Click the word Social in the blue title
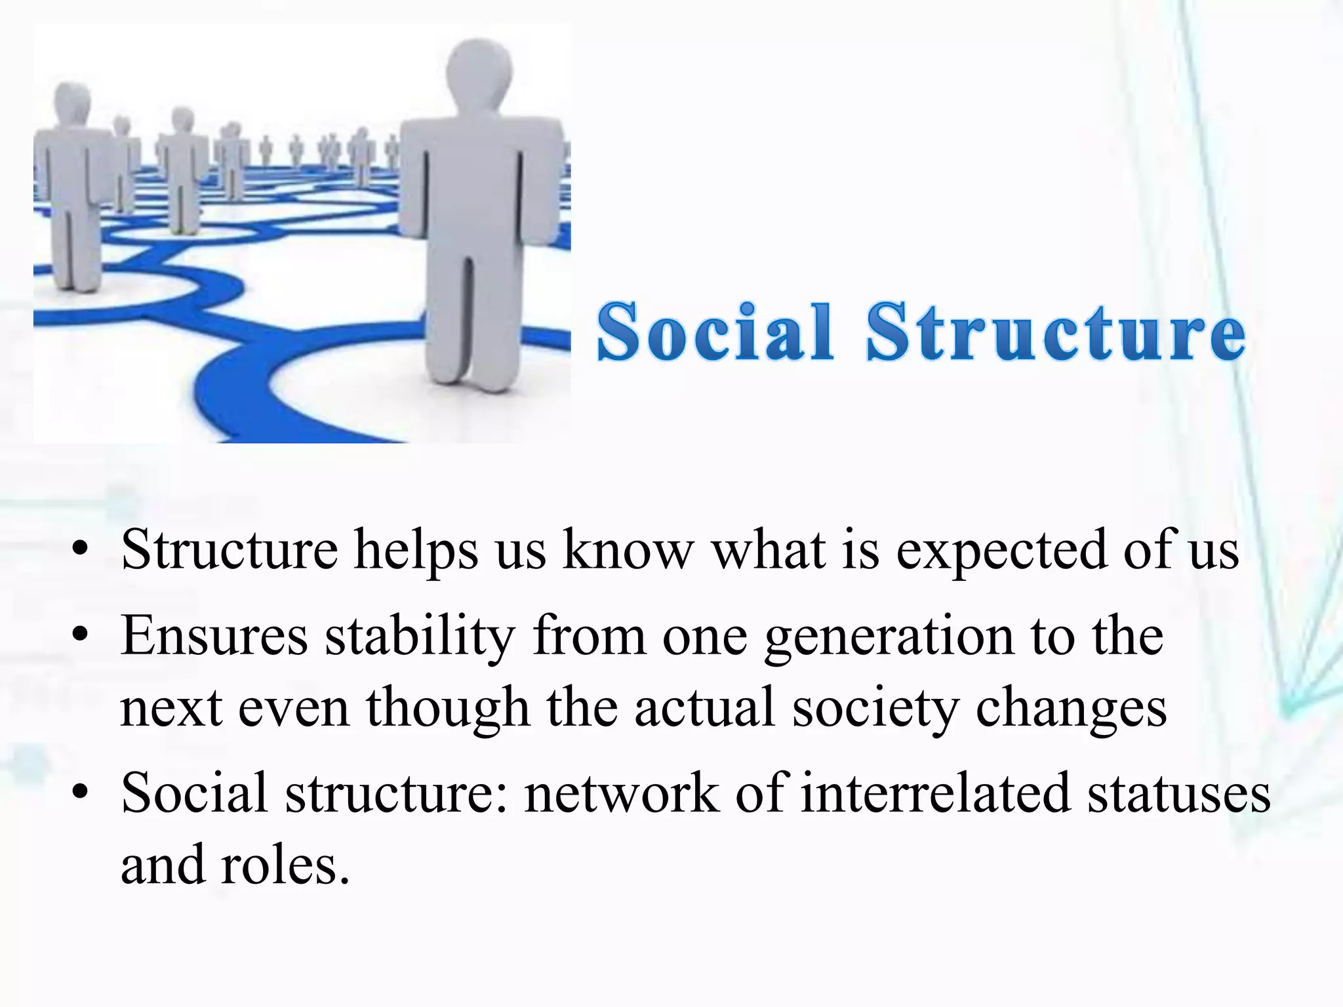point(715,332)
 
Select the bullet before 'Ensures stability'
point(80,635)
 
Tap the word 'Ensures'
point(214,635)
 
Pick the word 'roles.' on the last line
point(285,865)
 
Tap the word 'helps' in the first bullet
point(416,551)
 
